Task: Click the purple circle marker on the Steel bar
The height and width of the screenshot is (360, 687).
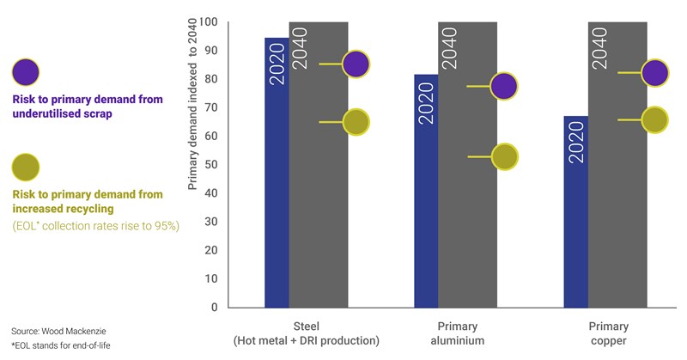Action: tap(356, 64)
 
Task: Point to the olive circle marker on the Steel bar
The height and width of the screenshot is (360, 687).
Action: tap(356, 123)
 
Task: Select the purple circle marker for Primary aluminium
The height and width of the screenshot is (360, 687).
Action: tap(503, 86)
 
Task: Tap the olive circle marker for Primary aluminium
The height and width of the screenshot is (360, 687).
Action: tap(504, 156)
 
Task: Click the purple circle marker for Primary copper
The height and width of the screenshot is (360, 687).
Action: tap(654, 73)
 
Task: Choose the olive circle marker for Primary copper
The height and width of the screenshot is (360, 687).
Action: tap(654, 120)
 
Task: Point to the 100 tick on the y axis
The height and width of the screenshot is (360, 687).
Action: tap(206, 22)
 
